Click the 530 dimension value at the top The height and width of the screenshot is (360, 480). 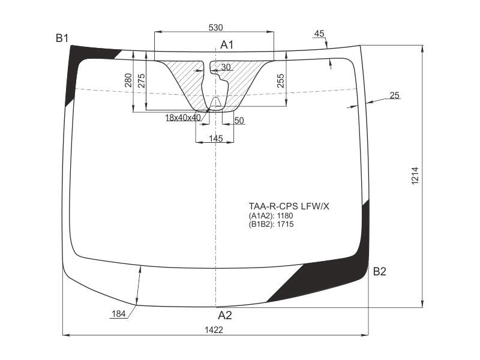[x=215, y=28]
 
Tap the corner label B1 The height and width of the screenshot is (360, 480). [x=62, y=38]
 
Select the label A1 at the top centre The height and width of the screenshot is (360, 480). [x=227, y=45]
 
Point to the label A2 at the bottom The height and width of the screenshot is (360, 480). [x=225, y=316]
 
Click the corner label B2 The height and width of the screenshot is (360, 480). [x=380, y=271]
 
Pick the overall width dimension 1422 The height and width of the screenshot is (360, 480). [x=214, y=329]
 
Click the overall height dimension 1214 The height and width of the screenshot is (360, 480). [x=415, y=175]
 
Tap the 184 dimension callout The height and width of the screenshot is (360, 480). [x=119, y=314]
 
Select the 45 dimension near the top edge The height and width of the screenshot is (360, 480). [x=319, y=34]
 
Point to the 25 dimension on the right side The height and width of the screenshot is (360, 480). [x=395, y=95]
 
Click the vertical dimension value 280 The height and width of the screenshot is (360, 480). [x=128, y=80]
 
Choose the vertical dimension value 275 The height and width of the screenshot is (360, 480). [x=142, y=81]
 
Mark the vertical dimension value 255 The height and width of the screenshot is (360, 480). [x=281, y=81]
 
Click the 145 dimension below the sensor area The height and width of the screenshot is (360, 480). [x=216, y=139]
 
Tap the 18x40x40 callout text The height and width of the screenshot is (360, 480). [x=183, y=118]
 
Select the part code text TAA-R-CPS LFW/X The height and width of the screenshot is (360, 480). [x=289, y=206]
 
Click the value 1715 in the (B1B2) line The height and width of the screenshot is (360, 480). [x=286, y=224]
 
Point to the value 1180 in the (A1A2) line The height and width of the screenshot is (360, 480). [x=284, y=215]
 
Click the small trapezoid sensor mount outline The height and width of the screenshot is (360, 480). [x=217, y=102]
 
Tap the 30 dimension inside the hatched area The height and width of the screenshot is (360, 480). [x=226, y=67]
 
